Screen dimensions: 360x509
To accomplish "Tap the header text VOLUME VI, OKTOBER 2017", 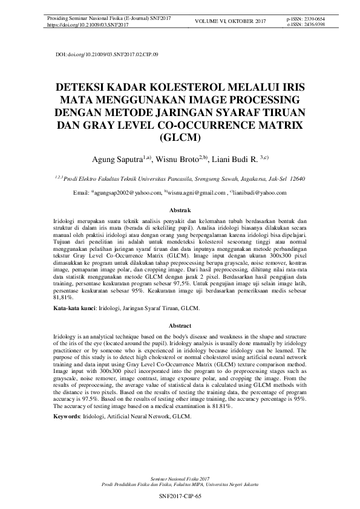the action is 231,22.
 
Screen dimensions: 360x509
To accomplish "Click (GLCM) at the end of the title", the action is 180,137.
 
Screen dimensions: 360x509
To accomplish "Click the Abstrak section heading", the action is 180,209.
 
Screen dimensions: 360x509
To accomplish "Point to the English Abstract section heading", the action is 180,326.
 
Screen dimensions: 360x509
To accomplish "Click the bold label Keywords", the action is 65,417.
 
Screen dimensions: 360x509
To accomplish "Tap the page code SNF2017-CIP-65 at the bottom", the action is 180,496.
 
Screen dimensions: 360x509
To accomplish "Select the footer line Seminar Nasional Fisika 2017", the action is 180,478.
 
